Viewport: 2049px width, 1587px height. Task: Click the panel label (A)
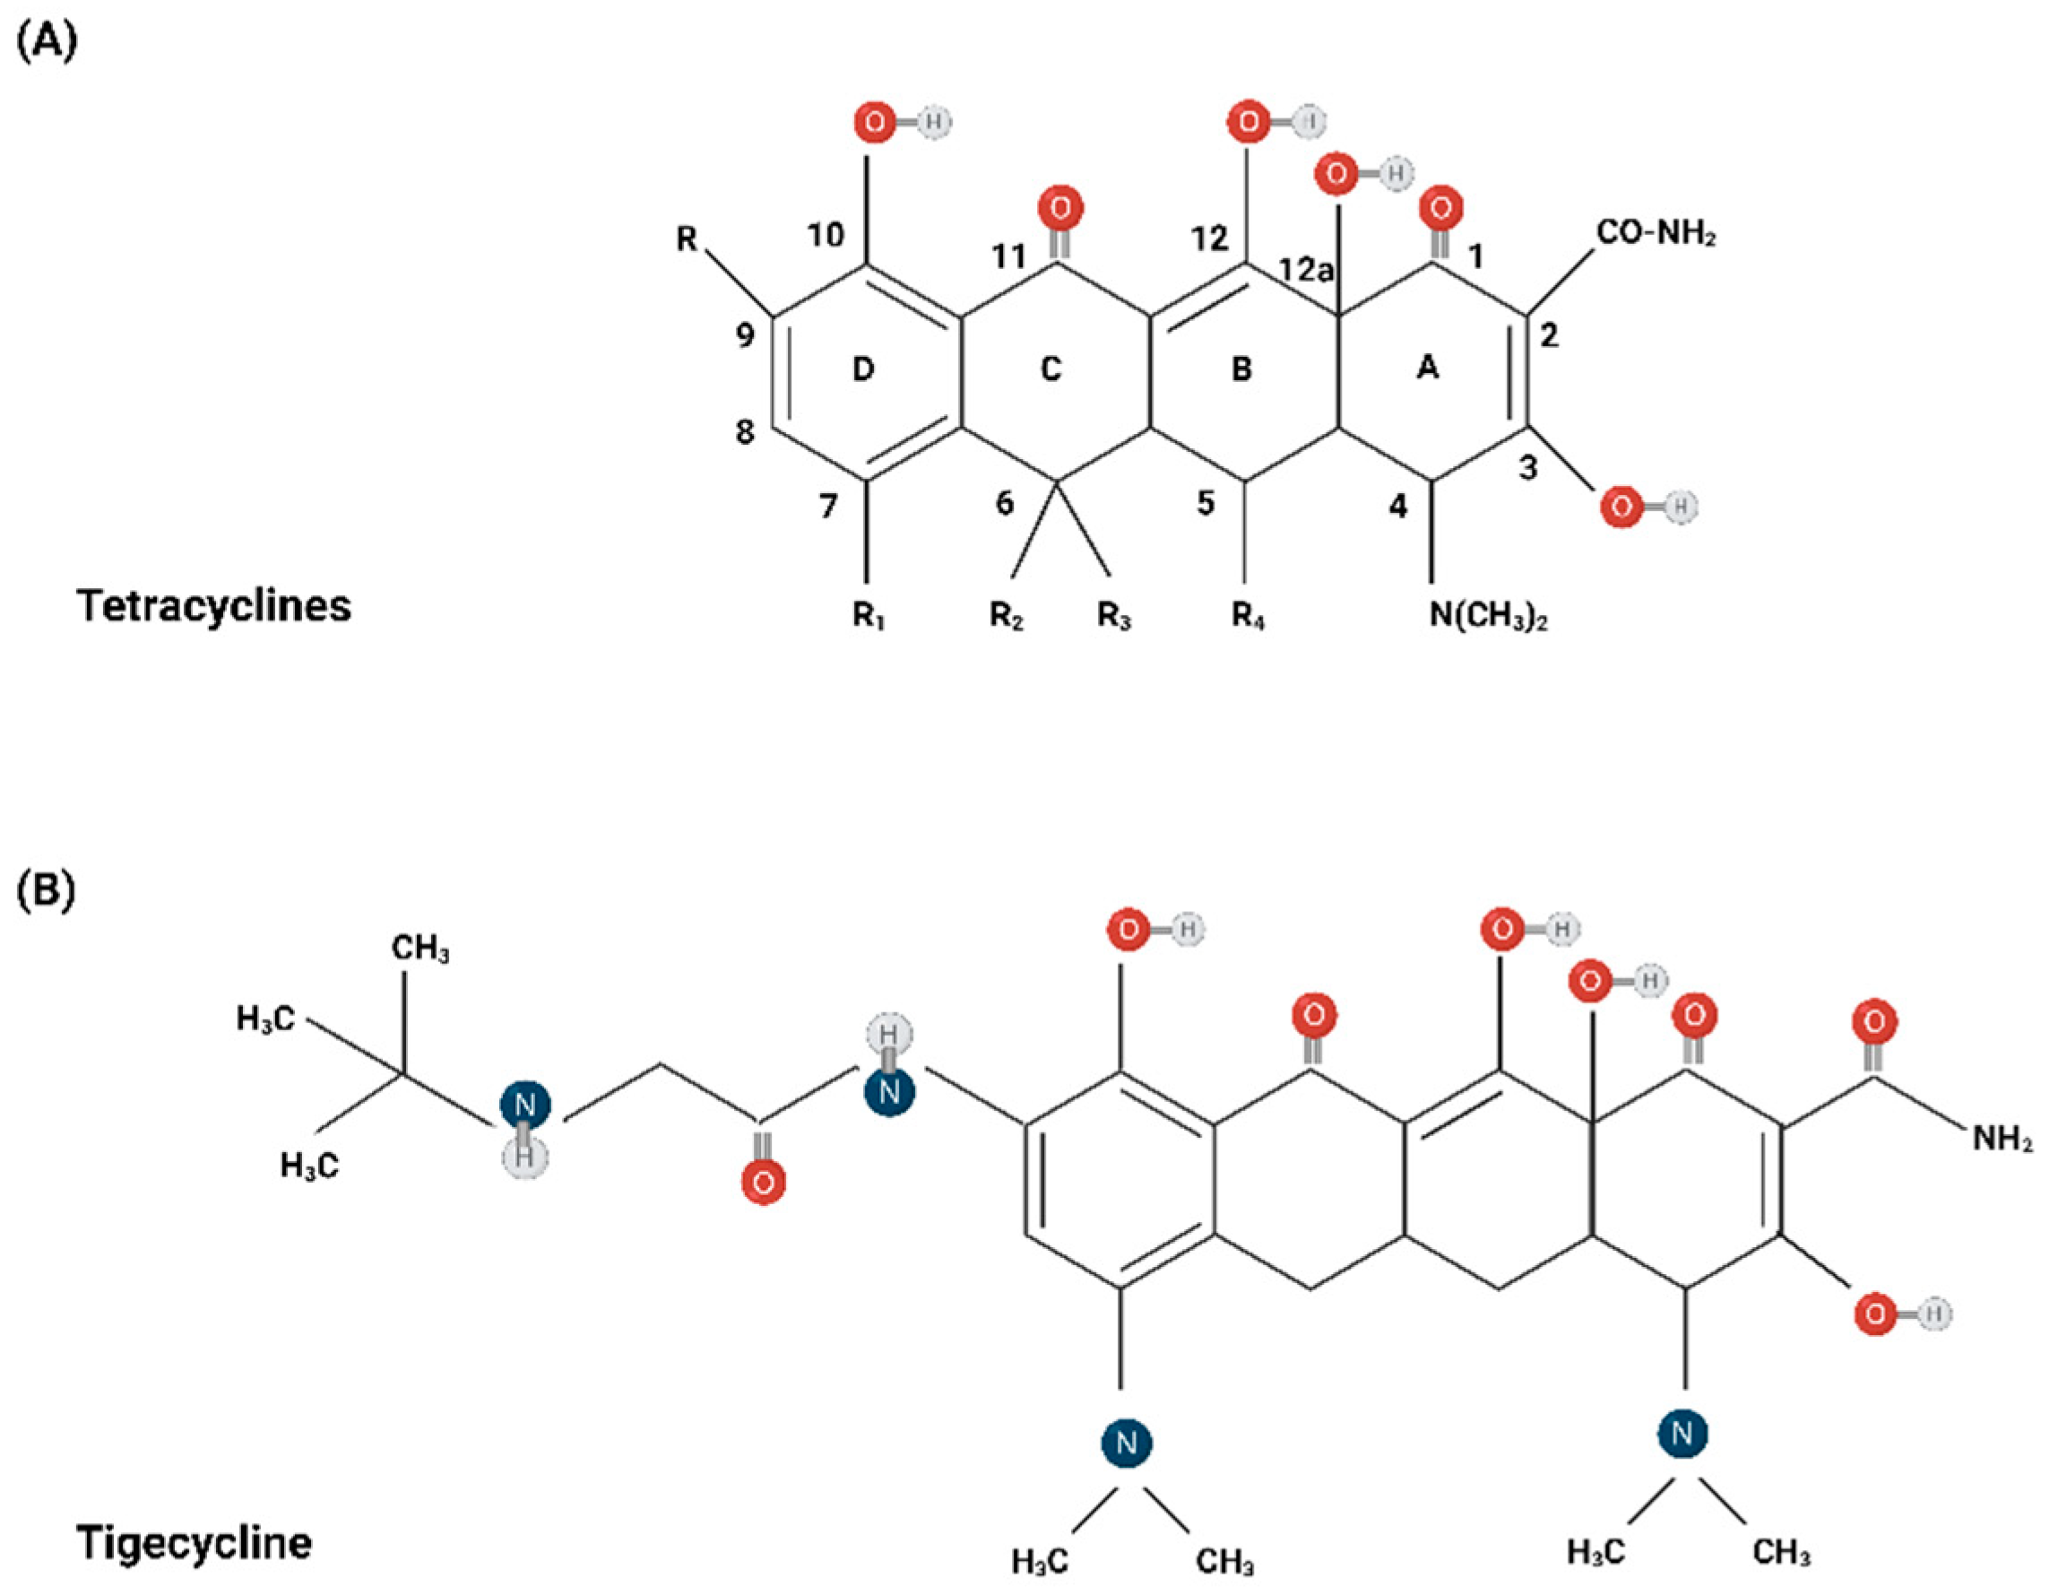pyautogui.click(x=47, y=43)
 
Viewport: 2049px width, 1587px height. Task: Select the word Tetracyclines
pyautogui.click(x=215, y=606)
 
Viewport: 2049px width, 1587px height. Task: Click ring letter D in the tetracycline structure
pyautogui.click(x=863, y=369)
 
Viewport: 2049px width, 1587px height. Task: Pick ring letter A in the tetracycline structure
pyautogui.click(x=1427, y=368)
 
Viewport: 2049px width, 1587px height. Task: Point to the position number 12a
pyautogui.click(x=1306, y=270)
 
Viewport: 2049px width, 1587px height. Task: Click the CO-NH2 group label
pyautogui.click(x=1656, y=234)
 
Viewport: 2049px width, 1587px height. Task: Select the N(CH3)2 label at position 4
pyautogui.click(x=1488, y=617)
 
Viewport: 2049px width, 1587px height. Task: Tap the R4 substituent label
pyautogui.click(x=1248, y=617)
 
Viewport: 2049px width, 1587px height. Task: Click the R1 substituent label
pyautogui.click(x=868, y=617)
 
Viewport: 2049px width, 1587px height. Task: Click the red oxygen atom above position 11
pyautogui.click(x=1060, y=207)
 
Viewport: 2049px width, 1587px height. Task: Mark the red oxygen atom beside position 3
pyautogui.click(x=1621, y=507)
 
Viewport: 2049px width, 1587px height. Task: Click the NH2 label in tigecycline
pyautogui.click(x=2002, y=1140)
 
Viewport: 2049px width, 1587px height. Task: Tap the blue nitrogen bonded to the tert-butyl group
pyautogui.click(x=524, y=1106)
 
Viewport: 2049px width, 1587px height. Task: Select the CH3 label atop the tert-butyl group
pyautogui.click(x=419, y=948)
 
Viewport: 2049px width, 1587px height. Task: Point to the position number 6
pyautogui.click(x=1004, y=504)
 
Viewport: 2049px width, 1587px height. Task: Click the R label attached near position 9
pyautogui.click(x=687, y=239)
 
